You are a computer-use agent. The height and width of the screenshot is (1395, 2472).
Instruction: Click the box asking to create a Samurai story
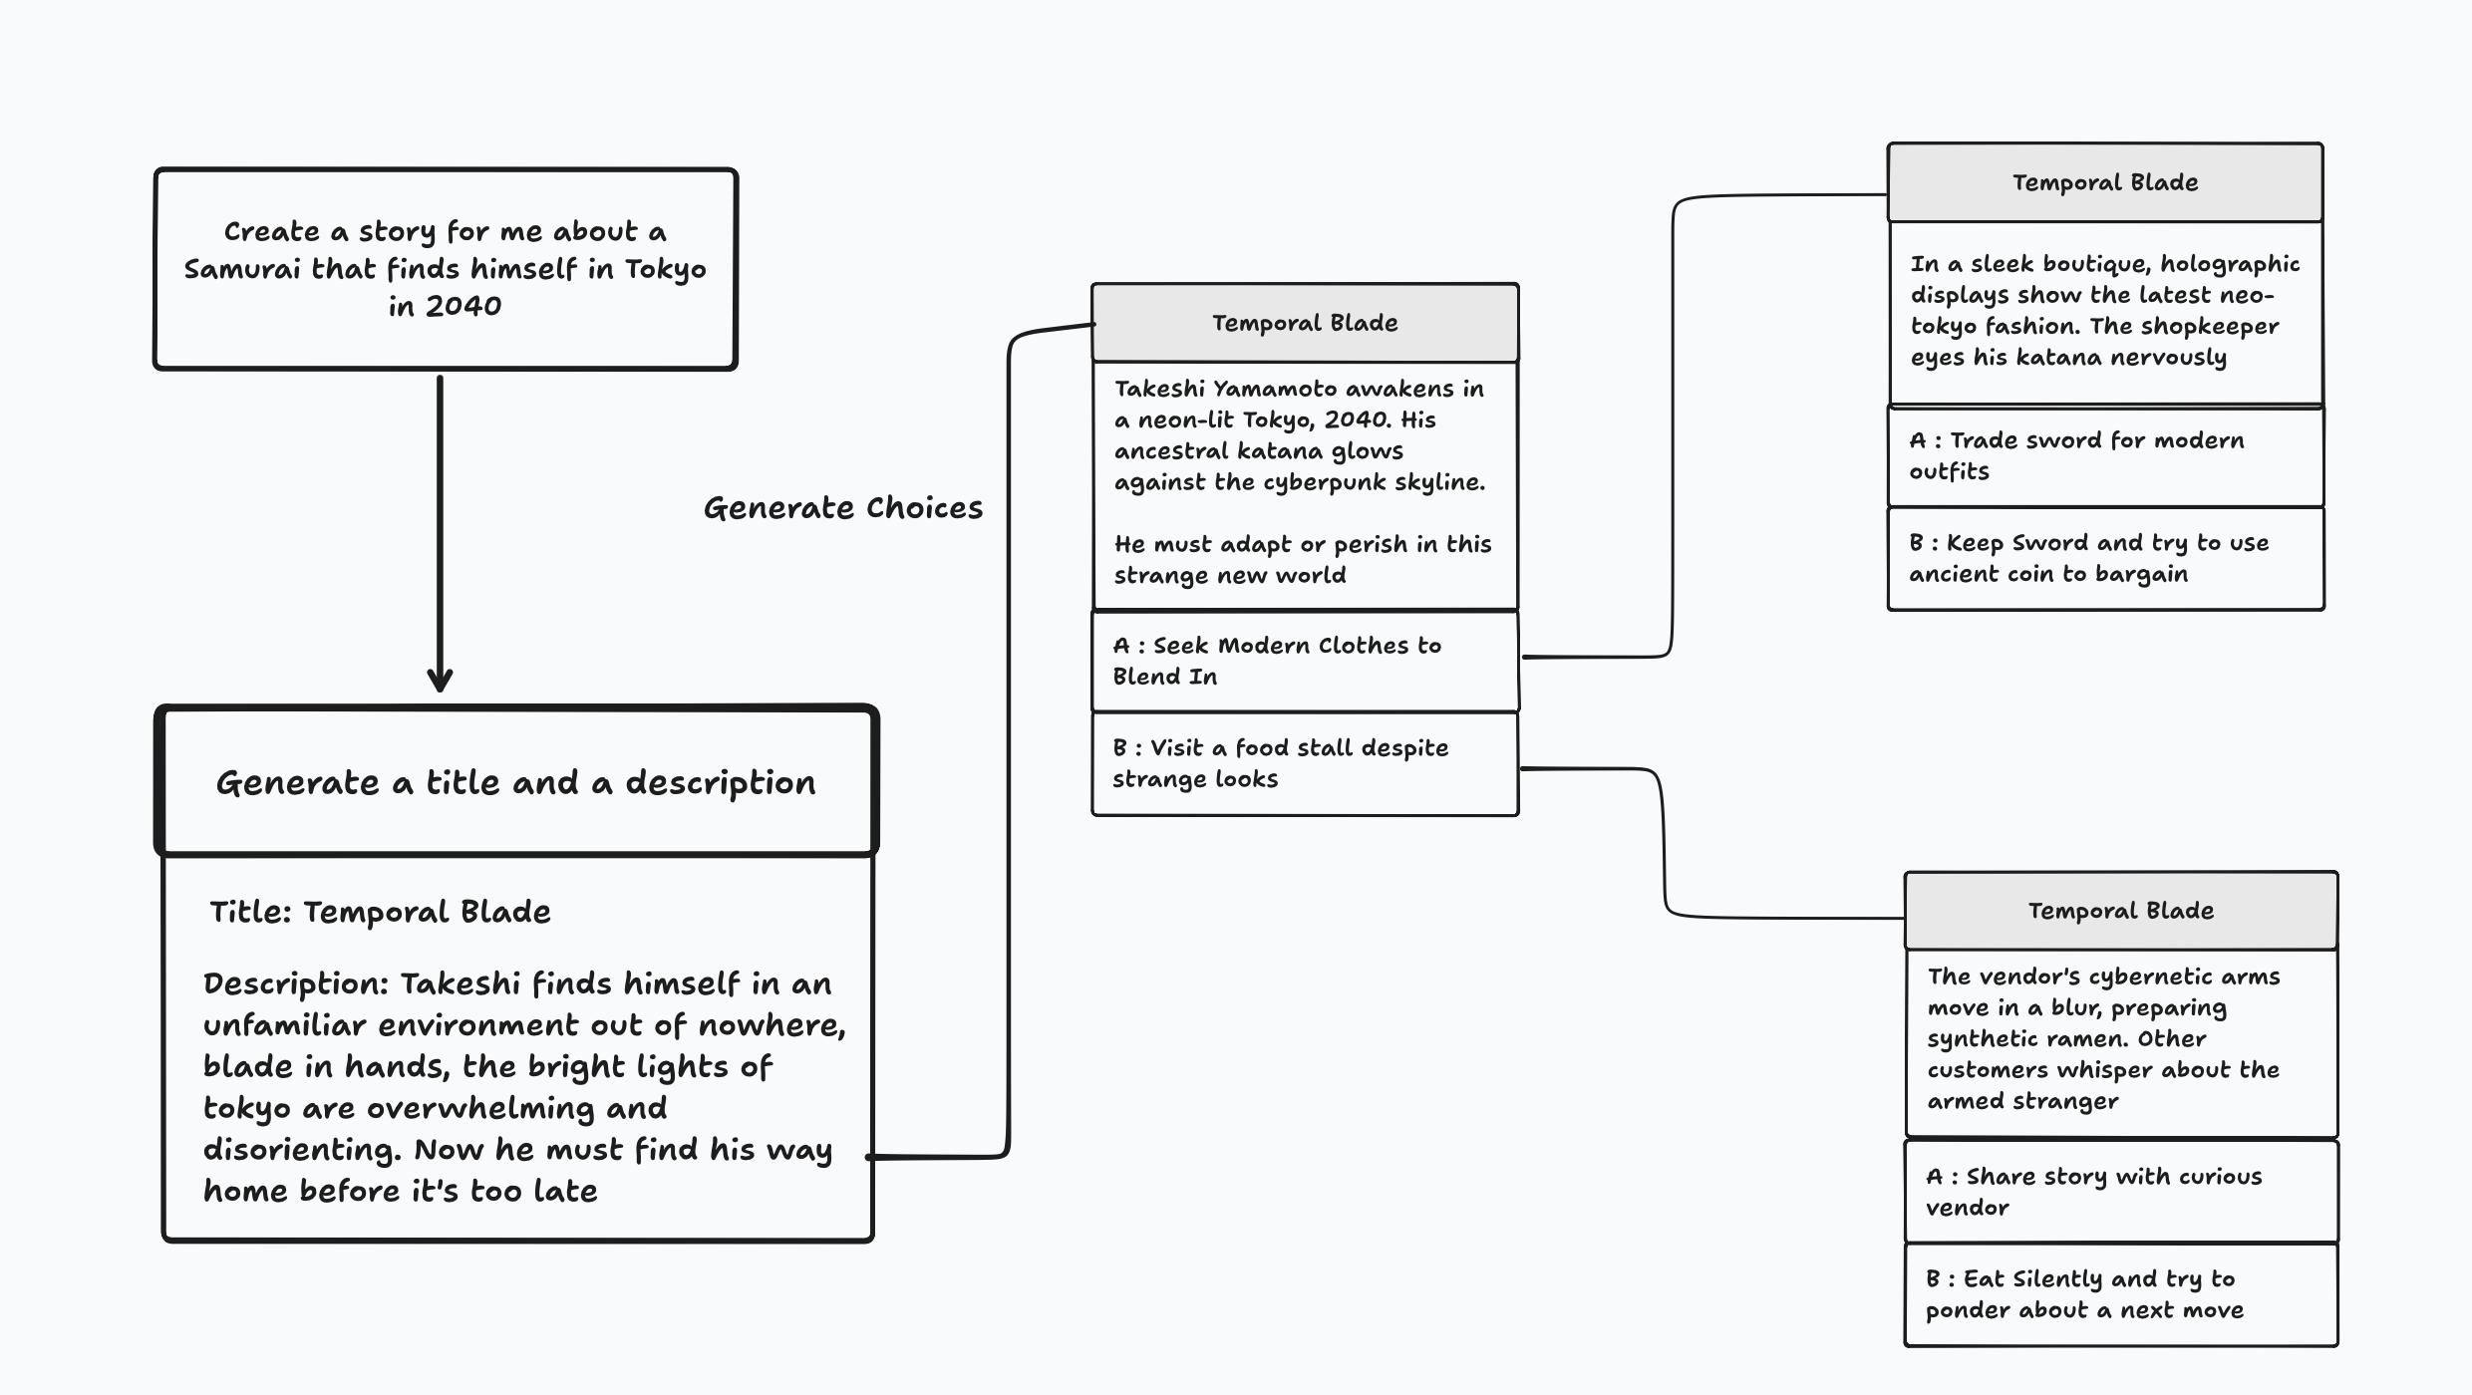click(445, 269)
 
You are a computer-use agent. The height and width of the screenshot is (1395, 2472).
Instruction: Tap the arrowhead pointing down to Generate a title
click(440, 680)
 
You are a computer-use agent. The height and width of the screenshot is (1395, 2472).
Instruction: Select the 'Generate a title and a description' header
click(516, 782)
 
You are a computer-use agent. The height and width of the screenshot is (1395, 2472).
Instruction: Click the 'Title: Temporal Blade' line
click(380, 912)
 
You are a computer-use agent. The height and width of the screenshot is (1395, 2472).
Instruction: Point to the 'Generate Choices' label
click(842, 508)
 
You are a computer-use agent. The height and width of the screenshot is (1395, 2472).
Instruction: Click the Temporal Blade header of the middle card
click(1305, 323)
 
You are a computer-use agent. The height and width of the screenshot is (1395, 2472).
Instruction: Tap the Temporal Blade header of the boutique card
click(2105, 182)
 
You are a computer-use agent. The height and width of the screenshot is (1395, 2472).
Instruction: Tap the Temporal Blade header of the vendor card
click(2121, 911)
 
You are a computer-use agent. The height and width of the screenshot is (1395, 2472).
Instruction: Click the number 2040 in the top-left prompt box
click(463, 306)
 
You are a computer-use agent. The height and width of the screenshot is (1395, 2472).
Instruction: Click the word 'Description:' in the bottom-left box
click(296, 984)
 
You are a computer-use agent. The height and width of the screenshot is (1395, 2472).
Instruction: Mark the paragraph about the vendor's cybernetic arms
click(2103, 1039)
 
